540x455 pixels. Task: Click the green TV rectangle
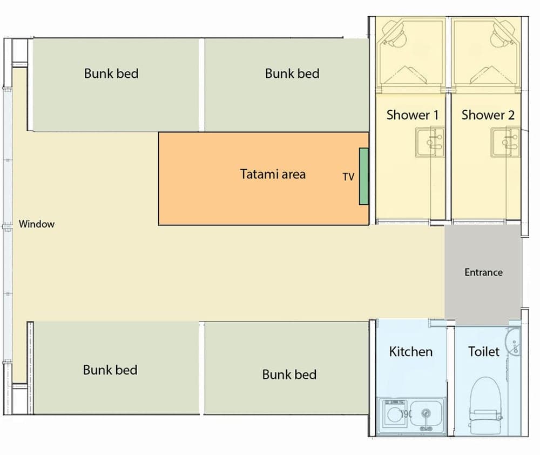(x=363, y=176)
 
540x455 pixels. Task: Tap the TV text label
(x=348, y=177)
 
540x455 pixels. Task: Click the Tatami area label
(x=273, y=174)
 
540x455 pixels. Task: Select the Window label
(x=37, y=224)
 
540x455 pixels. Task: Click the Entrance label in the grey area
(x=483, y=272)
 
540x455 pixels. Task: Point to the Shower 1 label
(x=413, y=115)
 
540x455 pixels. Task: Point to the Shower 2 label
(x=488, y=115)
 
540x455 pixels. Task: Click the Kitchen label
(x=410, y=352)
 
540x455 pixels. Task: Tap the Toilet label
(x=483, y=352)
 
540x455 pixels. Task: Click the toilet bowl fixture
(x=485, y=405)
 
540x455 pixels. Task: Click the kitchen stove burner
(x=393, y=413)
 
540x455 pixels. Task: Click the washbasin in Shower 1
(x=430, y=142)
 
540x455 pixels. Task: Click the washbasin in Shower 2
(x=505, y=142)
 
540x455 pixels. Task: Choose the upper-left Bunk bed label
(x=111, y=73)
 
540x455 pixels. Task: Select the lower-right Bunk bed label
(x=289, y=374)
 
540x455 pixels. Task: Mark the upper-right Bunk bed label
(x=292, y=73)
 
